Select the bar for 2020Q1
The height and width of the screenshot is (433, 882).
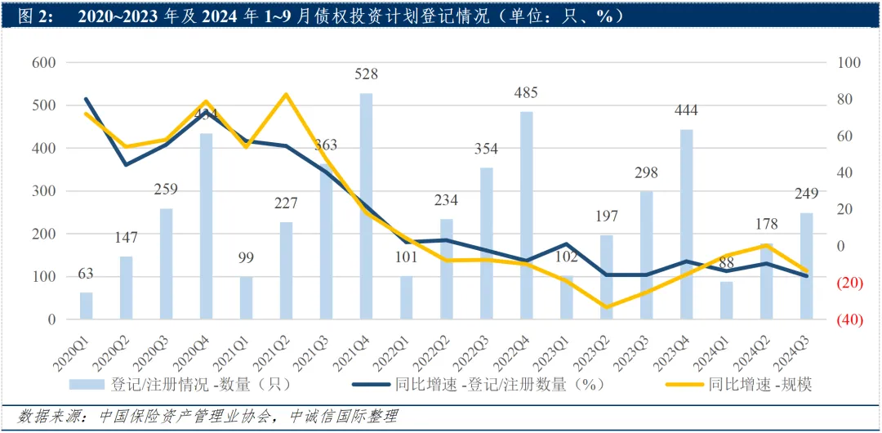click(86, 306)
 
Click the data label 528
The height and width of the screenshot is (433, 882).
click(366, 74)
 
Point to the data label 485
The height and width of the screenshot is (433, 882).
click(527, 93)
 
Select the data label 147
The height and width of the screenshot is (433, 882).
click(126, 238)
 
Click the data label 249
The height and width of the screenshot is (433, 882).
click(807, 195)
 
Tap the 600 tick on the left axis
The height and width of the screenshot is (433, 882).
click(42, 63)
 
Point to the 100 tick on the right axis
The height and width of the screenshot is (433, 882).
click(849, 63)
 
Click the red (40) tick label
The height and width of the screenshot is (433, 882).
click(850, 319)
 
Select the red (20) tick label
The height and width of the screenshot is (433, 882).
click(850, 283)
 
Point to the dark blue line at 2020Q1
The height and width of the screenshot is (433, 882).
click(86, 100)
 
